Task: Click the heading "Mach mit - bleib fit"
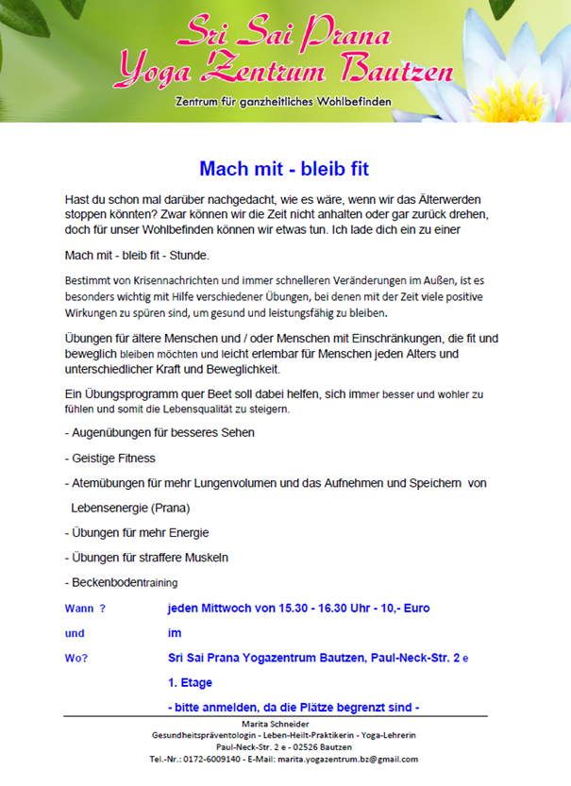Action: click(x=283, y=170)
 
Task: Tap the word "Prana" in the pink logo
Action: click(x=344, y=38)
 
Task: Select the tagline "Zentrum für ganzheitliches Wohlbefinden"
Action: click(x=283, y=101)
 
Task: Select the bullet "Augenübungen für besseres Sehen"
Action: click(x=160, y=433)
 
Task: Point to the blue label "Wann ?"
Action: click(x=85, y=609)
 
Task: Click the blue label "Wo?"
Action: click(x=76, y=659)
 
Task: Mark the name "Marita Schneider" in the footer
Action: click(x=284, y=724)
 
